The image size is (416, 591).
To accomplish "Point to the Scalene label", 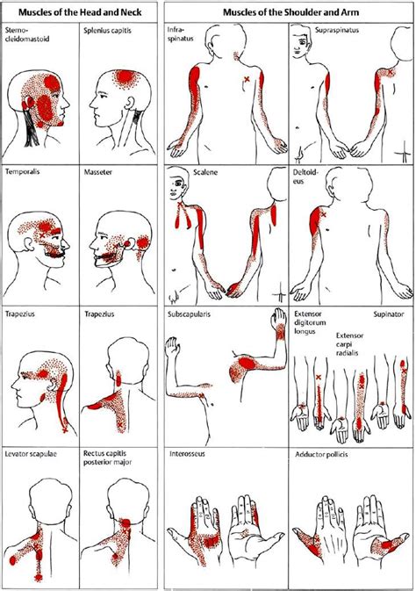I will (x=204, y=173).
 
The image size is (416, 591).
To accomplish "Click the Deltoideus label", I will (x=306, y=177).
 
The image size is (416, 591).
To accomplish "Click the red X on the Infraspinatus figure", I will (x=247, y=80).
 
